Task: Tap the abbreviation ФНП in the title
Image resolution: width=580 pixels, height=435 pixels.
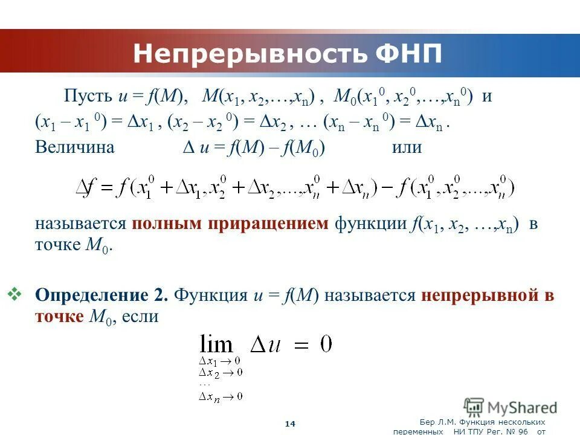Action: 408,54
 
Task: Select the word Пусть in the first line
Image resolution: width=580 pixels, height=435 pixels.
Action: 88,97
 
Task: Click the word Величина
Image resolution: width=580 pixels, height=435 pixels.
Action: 74,147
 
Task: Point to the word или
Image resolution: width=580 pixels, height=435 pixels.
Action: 407,147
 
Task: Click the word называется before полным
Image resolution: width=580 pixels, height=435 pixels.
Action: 80,224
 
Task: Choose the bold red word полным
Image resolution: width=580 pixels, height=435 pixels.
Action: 167,224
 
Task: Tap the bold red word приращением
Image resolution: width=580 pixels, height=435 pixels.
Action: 269,224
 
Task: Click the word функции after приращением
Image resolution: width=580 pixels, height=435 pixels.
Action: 369,224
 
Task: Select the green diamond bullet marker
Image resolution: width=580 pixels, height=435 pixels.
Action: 15,294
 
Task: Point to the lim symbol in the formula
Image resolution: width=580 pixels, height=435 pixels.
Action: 216,345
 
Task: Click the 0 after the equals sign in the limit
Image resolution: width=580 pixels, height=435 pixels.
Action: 326,344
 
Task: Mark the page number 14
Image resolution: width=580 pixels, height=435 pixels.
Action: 290,424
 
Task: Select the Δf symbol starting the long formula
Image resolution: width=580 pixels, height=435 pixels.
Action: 85,188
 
